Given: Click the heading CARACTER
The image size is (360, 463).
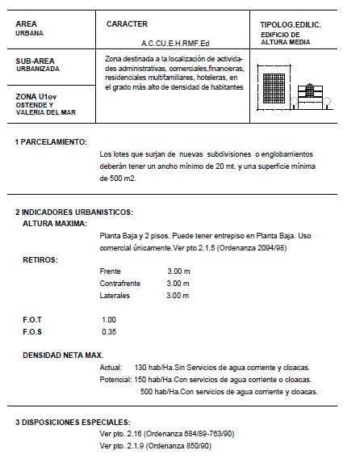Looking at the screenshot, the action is [126, 24].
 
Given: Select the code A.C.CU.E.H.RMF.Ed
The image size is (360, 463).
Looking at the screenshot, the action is [174, 44].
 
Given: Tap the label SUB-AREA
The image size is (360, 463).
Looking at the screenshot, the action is [36, 61].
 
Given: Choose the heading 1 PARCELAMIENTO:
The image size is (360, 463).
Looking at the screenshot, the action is [51, 141].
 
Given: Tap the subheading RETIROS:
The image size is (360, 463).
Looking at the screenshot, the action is [40, 261].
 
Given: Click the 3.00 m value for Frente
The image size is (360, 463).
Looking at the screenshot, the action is [178, 271].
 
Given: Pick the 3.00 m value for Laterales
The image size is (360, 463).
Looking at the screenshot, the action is [178, 297].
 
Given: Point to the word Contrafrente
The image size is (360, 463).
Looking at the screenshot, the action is [119, 284].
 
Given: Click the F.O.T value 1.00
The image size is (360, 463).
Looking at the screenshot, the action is [109, 319].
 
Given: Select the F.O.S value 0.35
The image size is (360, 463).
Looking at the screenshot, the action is [109, 331].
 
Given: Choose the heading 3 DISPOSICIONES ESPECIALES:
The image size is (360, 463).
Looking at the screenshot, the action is [72, 423].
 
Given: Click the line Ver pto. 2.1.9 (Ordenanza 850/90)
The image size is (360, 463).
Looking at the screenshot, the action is [154, 445].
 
